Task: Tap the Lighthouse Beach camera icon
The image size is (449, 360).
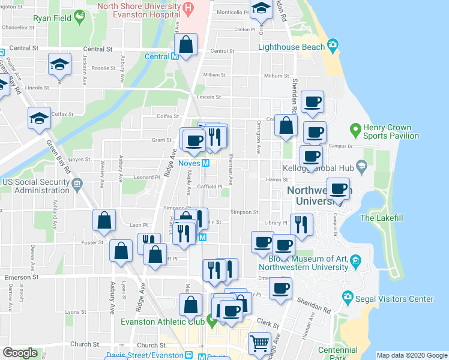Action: point(332,46)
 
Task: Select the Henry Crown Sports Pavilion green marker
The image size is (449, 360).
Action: point(355,128)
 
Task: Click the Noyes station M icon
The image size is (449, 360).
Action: point(205,163)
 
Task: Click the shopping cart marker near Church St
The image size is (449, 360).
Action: point(259,343)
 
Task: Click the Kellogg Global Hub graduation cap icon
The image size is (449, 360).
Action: point(361,165)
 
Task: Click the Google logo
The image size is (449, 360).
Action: point(20,353)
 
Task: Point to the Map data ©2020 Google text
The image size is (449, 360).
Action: point(411,355)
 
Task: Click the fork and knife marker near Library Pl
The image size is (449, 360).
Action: point(301,224)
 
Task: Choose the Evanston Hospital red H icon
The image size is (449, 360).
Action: point(188,8)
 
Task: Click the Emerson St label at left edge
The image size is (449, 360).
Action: point(22,277)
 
